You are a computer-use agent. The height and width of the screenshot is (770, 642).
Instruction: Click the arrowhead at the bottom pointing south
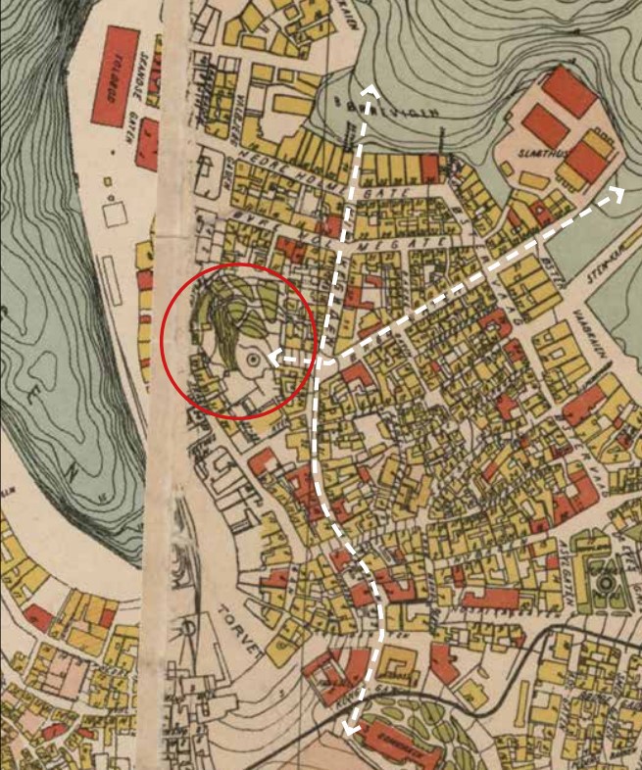[x=349, y=726]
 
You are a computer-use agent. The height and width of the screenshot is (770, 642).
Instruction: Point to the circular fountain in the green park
[x=605, y=586]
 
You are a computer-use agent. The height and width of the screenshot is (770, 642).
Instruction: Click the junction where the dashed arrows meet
[x=323, y=359]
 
